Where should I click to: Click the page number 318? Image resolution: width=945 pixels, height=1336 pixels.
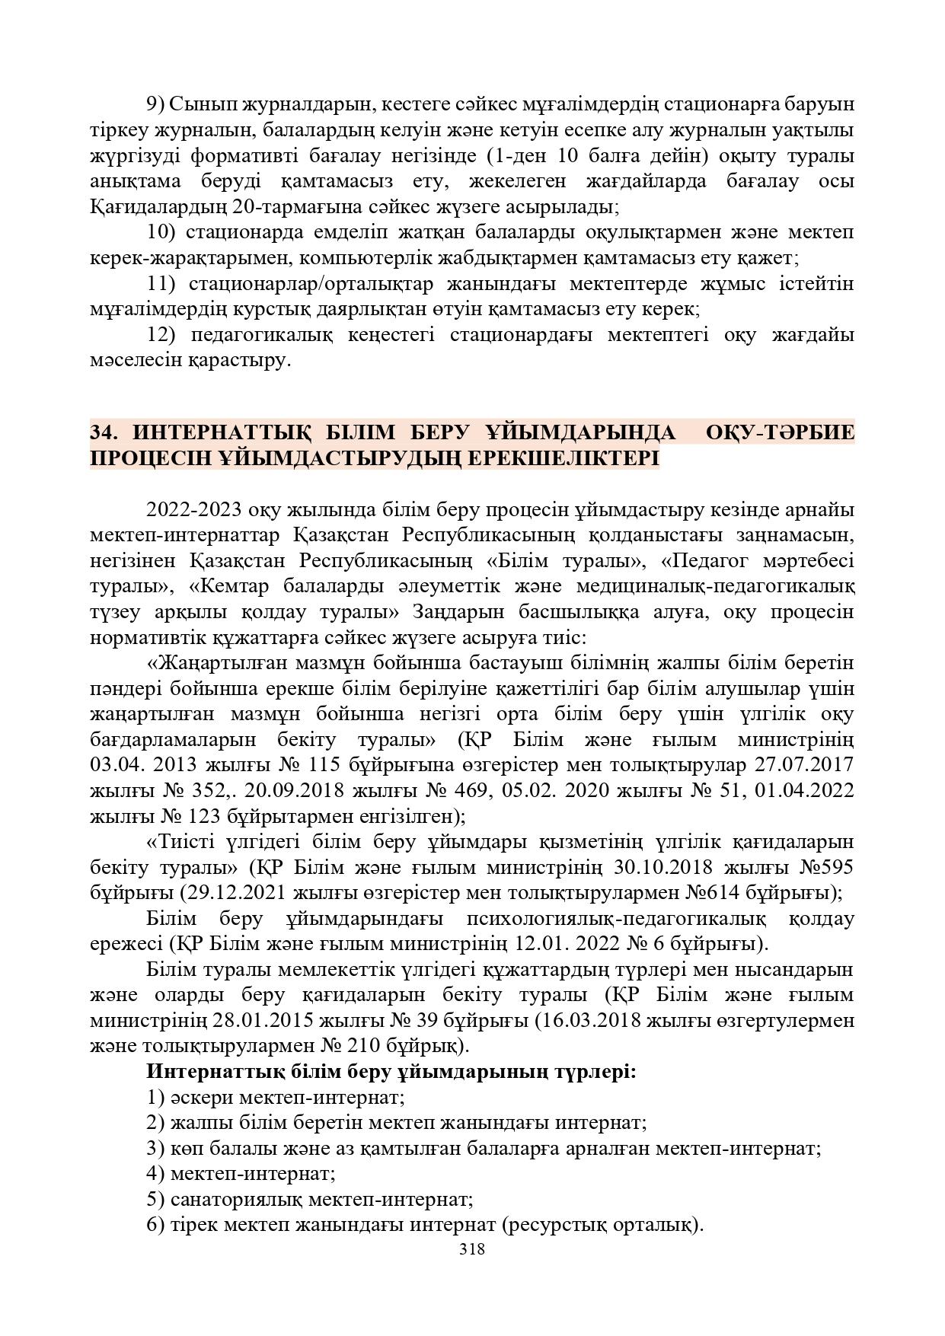coord(472,1249)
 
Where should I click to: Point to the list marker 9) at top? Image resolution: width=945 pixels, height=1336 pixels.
coord(155,104)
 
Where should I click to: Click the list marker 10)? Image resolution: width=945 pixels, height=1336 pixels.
coord(160,231)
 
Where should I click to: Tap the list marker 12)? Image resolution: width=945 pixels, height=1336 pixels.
coord(161,335)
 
